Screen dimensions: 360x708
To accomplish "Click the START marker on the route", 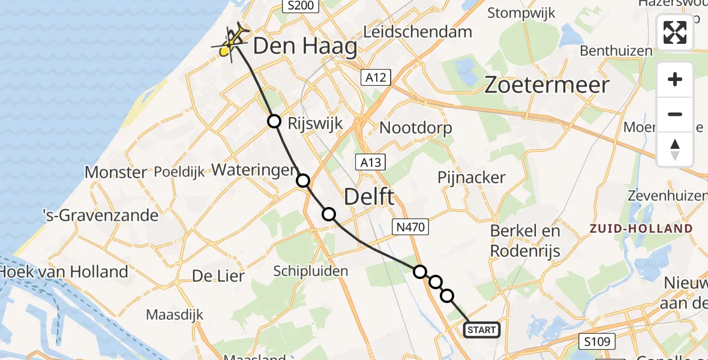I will (x=481, y=329).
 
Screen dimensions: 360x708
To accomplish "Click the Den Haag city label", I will (x=305, y=46).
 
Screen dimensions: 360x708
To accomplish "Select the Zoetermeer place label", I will (x=547, y=85).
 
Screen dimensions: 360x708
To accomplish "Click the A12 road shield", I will (x=376, y=77).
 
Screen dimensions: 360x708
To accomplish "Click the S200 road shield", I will (x=301, y=6).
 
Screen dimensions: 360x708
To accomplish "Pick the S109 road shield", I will (x=599, y=342).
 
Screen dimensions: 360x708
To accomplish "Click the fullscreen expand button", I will (x=675, y=32).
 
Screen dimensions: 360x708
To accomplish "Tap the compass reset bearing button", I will (x=675, y=149).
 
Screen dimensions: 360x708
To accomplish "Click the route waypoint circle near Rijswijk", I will (x=274, y=121).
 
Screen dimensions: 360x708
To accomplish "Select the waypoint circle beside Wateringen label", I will (x=303, y=180).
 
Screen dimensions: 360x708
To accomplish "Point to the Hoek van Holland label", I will (x=64, y=272).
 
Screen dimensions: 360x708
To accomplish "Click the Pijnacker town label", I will (x=472, y=178).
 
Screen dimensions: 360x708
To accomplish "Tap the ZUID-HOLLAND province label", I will (x=641, y=229).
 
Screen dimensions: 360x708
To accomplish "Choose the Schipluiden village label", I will (x=310, y=271).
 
